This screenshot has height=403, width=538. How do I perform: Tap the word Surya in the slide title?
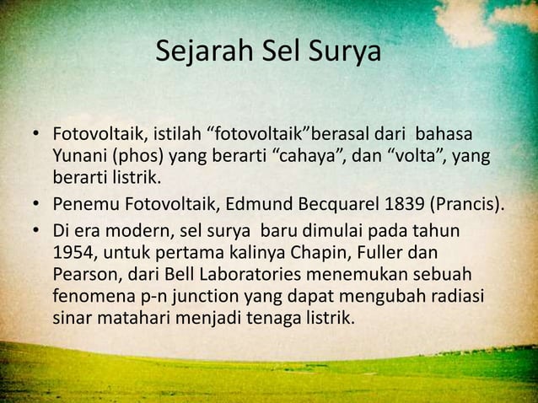(348, 52)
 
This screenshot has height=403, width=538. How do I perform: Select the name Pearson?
(83, 275)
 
